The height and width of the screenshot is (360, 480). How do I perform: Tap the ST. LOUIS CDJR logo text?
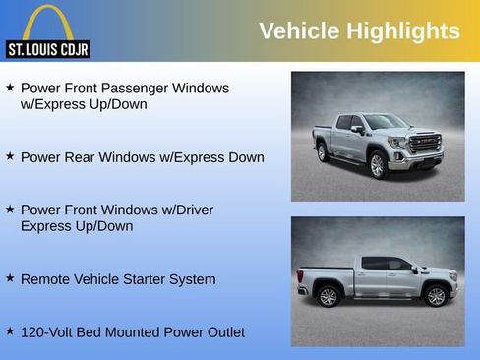(x=48, y=49)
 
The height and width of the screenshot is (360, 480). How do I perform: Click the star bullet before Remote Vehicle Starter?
(x=10, y=278)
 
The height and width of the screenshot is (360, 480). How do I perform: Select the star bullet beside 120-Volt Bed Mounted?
(x=10, y=331)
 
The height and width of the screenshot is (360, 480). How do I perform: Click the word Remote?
(x=48, y=279)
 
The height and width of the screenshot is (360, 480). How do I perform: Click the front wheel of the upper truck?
(x=377, y=165)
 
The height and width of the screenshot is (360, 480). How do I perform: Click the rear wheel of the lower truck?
(x=329, y=296)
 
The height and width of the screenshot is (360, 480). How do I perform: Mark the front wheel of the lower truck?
(x=436, y=295)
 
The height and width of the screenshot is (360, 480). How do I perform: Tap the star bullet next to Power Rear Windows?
(x=10, y=155)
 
